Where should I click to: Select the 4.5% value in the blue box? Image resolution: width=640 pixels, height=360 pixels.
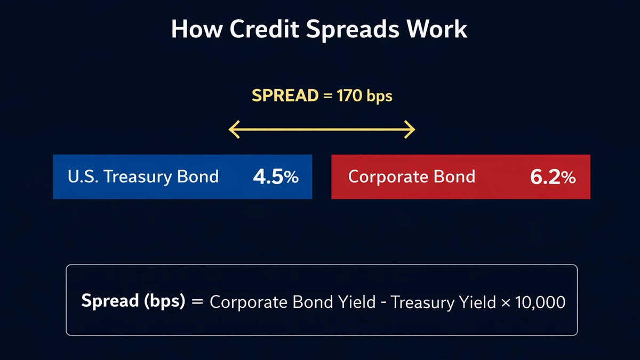point(276,177)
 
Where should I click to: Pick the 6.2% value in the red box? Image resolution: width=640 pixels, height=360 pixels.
point(553,177)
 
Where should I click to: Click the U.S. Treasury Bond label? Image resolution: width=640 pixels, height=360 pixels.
point(143,177)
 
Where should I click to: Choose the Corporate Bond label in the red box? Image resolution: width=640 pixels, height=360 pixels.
point(411,177)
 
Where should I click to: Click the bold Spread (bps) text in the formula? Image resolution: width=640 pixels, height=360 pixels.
point(133,301)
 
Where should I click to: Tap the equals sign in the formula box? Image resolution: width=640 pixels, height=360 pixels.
point(197,302)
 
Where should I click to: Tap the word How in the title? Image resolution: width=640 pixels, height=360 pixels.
point(194,29)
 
